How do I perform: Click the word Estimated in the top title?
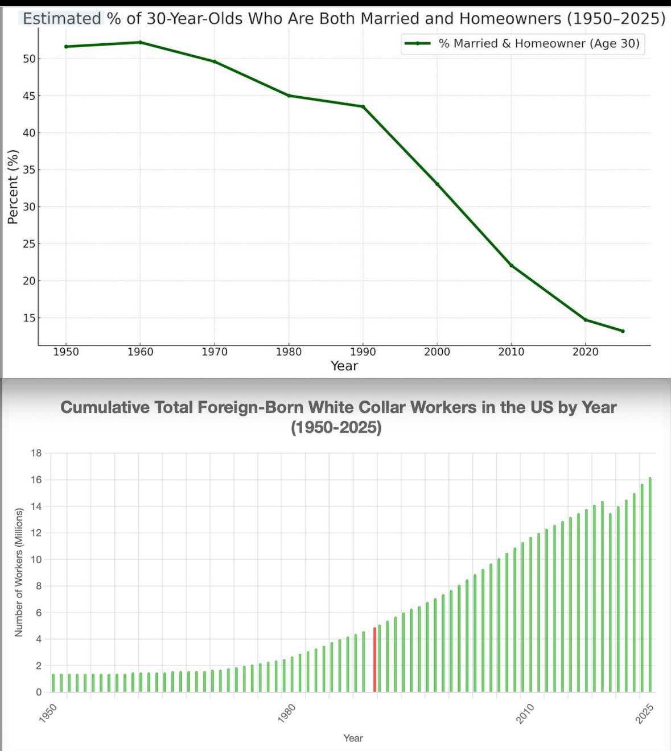pos(61,19)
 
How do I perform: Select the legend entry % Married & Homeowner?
pos(538,43)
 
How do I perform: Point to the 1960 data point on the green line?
pos(140,42)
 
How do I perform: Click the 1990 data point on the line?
pos(363,106)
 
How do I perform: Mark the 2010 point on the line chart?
pos(511,265)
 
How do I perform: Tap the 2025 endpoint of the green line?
pos(623,331)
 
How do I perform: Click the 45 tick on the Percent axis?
pos(28,96)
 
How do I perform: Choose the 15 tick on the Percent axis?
pos(28,318)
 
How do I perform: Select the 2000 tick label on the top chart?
pos(437,352)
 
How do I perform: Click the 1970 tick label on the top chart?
pos(214,352)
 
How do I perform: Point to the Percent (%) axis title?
pos(13,187)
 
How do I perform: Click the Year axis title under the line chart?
pos(344,366)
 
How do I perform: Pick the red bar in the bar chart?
pos(374,660)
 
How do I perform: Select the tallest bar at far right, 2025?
pos(650,585)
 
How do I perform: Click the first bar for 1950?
pos(53,683)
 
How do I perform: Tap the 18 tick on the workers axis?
pos(36,453)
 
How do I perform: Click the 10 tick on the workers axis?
pos(36,560)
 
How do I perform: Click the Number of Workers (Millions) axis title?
pos(19,572)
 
